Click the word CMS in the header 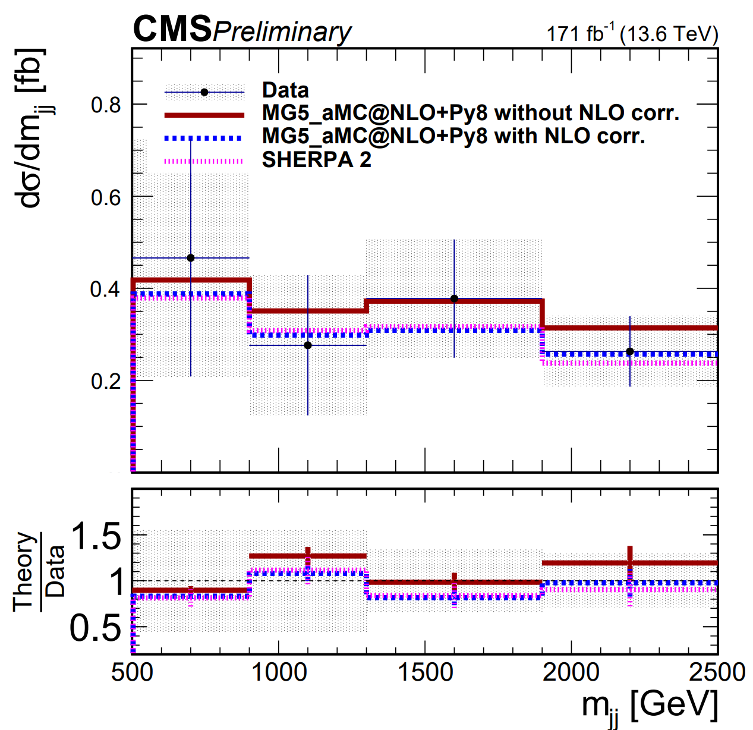(x=172, y=30)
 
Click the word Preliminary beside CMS (x=282, y=32)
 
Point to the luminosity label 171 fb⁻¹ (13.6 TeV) (x=632, y=34)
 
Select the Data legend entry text (x=285, y=90)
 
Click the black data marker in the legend (x=204, y=92)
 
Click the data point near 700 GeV (x=191, y=258)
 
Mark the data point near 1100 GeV (x=308, y=345)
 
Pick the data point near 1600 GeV (x=454, y=298)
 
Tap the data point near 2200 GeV (x=630, y=352)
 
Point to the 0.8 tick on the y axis (x=106, y=105)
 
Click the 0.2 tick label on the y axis (x=106, y=381)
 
